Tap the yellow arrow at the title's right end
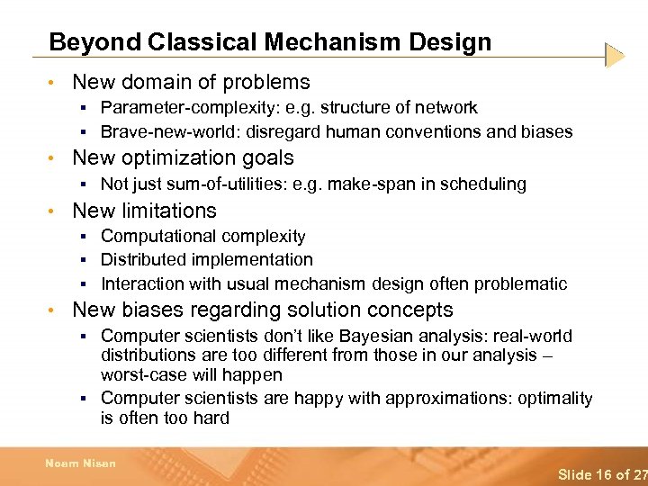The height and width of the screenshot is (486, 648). [615, 56]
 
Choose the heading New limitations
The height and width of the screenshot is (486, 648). [144, 211]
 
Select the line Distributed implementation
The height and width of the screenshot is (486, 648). [207, 260]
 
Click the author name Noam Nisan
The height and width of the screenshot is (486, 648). [81, 463]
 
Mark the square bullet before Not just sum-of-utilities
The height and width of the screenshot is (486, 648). [82, 184]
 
